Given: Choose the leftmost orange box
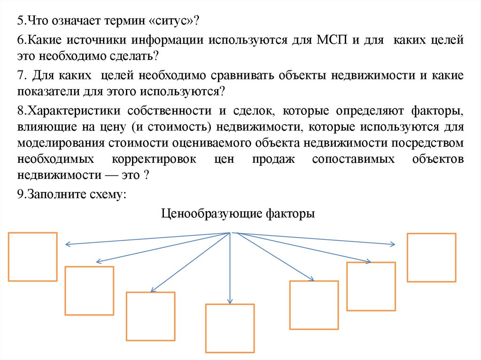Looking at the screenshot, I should click(33, 257).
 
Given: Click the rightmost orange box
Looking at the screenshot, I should click(431, 258).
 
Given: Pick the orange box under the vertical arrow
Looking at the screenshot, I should click(230, 328).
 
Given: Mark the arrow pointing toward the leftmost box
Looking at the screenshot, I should click(141, 239).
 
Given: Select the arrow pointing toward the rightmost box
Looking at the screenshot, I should click(319, 239).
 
